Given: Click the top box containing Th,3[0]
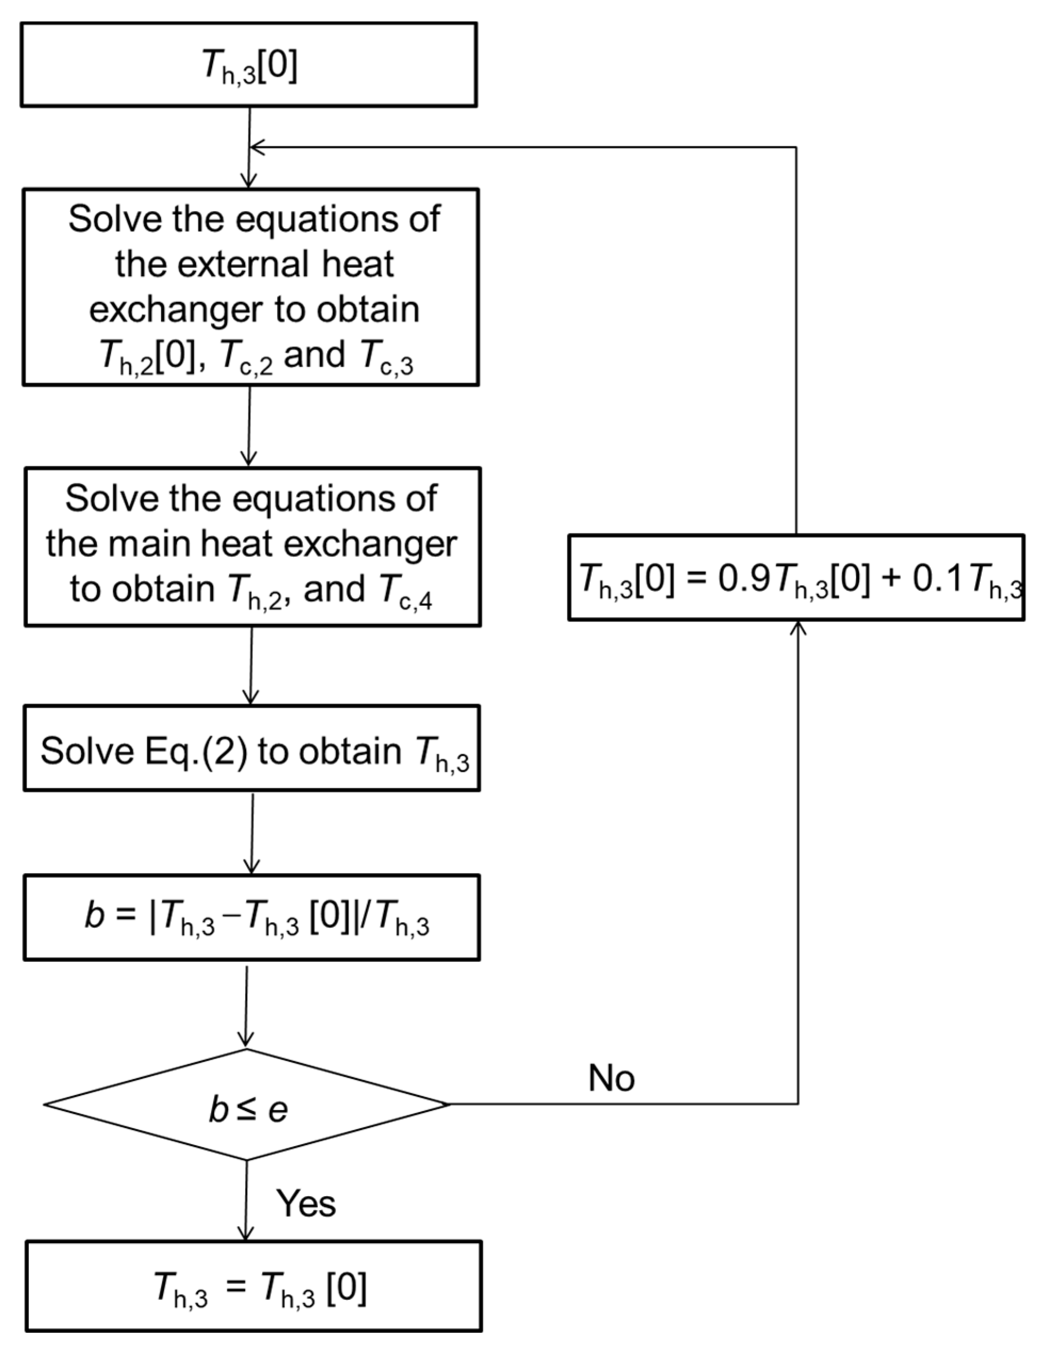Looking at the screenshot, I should [x=249, y=64].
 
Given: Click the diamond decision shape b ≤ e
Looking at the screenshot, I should [x=247, y=1104].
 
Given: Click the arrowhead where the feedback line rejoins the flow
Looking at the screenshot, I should [x=256, y=148].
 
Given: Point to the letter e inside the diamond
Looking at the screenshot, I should [x=278, y=1110].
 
